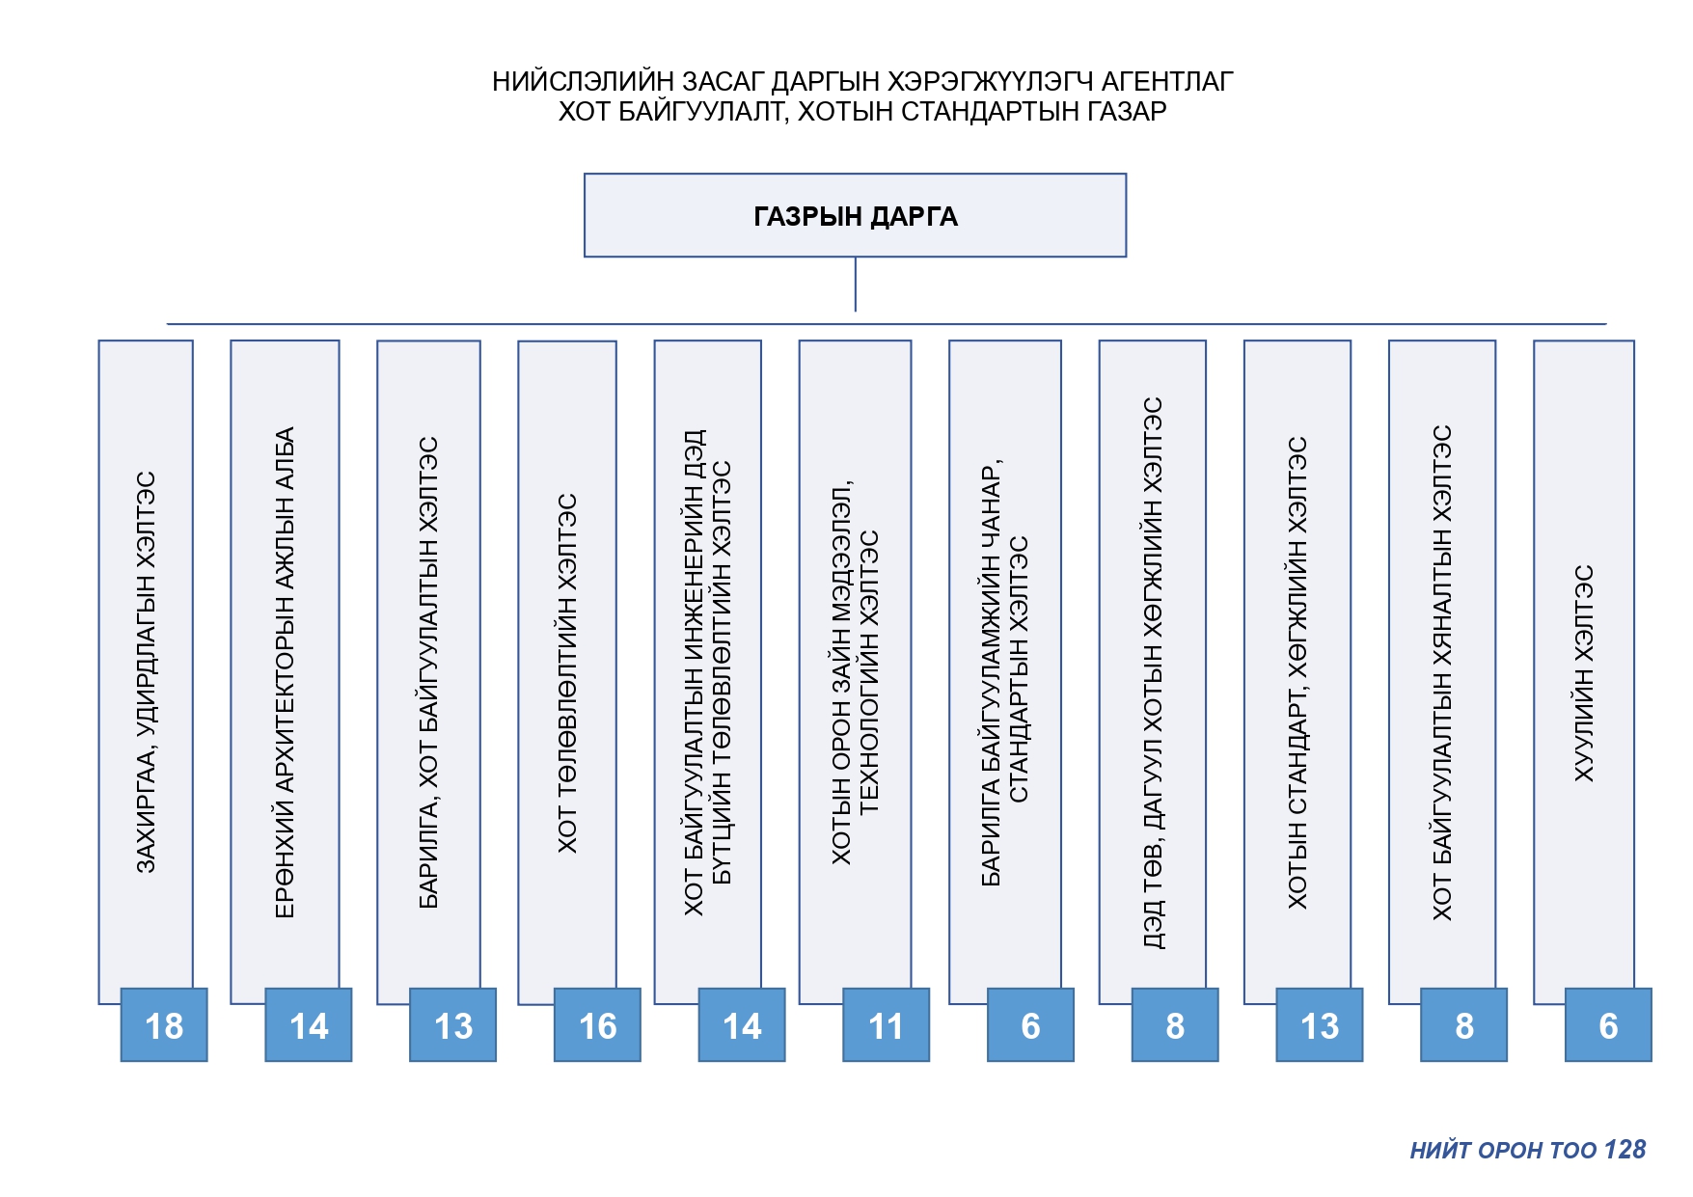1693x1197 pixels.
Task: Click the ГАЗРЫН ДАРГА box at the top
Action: pos(855,215)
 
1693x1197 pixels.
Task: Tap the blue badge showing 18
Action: pos(164,1025)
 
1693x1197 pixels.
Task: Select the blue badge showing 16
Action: pos(597,1025)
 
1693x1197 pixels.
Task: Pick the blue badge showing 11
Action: pos(886,1025)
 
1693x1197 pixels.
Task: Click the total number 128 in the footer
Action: pos(1625,1150)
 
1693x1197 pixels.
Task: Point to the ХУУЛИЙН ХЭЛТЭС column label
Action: pos(1584,673)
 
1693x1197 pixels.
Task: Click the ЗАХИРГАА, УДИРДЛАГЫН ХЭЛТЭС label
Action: pos(146,672)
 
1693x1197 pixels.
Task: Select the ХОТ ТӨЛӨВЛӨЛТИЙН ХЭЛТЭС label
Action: pos(567,673)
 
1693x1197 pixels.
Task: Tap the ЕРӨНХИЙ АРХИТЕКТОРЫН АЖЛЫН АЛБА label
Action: pos(285,672)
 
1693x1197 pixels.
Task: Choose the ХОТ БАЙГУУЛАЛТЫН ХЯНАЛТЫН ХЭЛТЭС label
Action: pos(1441,672)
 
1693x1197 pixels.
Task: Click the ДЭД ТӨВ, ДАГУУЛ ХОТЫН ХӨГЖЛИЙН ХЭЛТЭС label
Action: pos(1153,672)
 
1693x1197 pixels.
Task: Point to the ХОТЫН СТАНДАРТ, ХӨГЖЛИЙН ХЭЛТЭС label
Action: pos(1297,672)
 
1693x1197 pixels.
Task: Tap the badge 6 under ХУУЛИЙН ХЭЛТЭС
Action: pos(1608,1025)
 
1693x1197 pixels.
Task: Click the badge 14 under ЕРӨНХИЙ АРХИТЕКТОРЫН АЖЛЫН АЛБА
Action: pos(309,1025)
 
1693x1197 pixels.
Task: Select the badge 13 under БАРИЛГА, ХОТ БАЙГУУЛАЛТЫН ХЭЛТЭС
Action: pos(452,1025)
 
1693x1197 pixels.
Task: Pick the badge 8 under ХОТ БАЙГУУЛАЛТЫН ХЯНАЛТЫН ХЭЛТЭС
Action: pos(1463,1025)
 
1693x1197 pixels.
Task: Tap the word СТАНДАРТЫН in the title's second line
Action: pos(984,112)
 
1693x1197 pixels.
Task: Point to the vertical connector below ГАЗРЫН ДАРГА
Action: pos(855,285)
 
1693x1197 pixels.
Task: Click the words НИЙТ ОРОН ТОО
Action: pos(1503,1150)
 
